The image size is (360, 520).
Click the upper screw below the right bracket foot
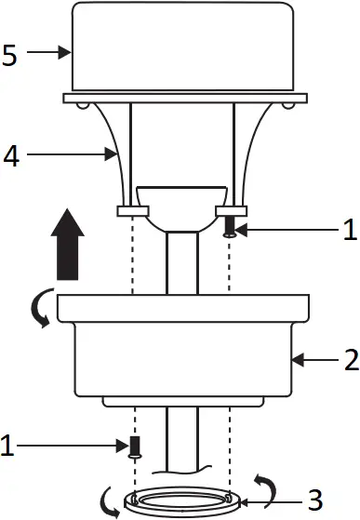[x=230, y=227]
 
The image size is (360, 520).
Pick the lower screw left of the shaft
[x=133, y=446]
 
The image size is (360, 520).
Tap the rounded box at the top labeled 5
[x=182, y=47]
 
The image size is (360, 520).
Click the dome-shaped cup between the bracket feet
[x=180, y=208]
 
